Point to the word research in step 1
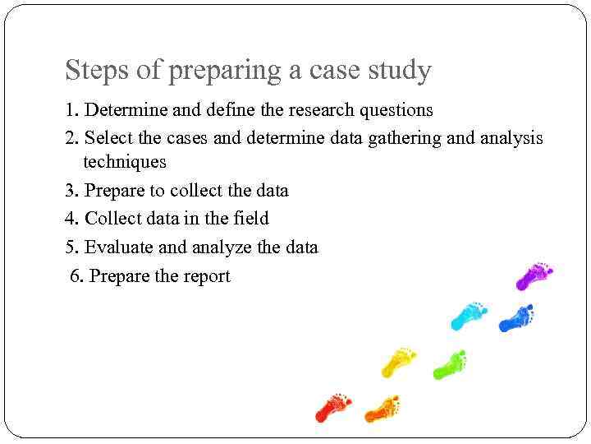[322, 109]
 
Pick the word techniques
[125, 162]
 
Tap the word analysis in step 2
[509, 138]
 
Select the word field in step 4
[250, 219]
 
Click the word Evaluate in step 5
[121, 247]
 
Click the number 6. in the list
[77, 276]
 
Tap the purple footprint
[534, 275]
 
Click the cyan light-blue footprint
[468, 314]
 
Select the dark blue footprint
[516, 317]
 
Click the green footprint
[449, 363]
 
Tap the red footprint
[332, 405]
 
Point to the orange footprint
[382, 407]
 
